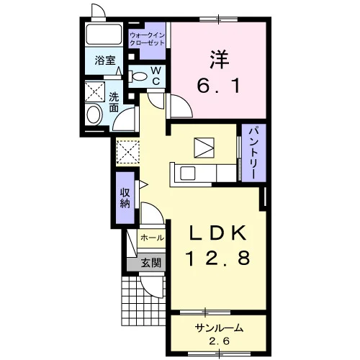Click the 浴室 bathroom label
click(105, 60)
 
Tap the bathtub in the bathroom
click(104, 34)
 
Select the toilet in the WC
click(138, 76)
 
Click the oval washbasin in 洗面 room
click(94, 114)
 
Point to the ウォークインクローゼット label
click(147, 40)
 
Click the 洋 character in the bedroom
click(220, 60)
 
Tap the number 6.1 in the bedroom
click(218, 86)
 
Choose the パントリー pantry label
click(254, 152)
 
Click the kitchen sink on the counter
click(187, 174)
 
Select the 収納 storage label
click(125, 198)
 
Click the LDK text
click(218, 233)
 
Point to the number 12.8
click(218, 258)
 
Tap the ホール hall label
click(153, 238)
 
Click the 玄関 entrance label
click(150, 264)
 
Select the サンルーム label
click(219, 328)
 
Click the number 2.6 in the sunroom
click(219, 341)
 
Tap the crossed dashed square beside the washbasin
click(95, 91)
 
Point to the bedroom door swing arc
click(186, 104)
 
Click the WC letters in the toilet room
click(156, 76)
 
